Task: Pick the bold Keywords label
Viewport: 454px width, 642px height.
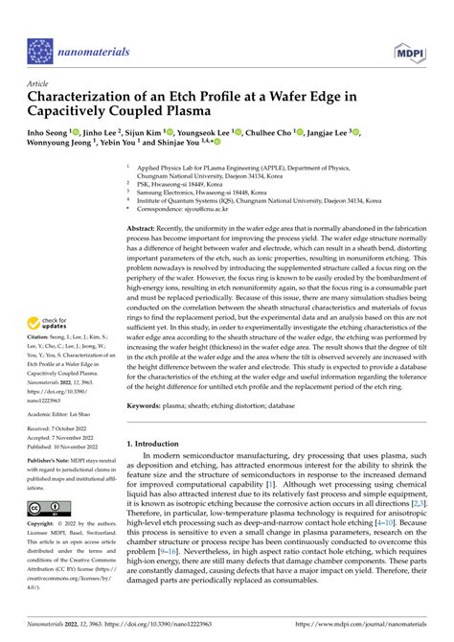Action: coord(148,405)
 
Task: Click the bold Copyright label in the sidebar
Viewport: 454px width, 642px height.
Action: coord(43,524)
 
